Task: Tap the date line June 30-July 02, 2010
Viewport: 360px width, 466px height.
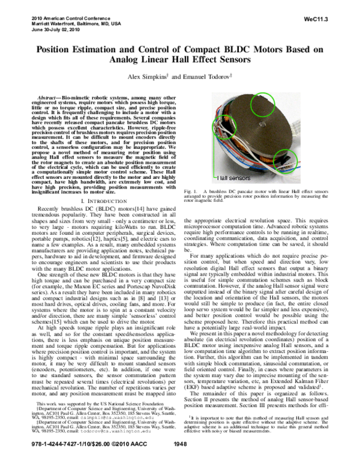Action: point(54,30)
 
